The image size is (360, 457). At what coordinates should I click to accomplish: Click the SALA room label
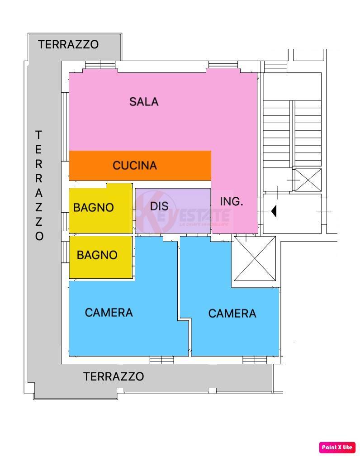(144, 101)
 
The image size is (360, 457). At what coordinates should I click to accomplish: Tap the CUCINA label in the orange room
(135, 166)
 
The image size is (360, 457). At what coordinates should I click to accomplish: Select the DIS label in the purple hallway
(159, 206)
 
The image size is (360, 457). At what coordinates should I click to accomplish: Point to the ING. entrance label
(232, 202)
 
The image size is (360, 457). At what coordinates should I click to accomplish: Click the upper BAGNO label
(94, 208)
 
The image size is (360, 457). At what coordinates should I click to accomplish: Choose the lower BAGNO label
(97, 255)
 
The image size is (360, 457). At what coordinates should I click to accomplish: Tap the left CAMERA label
(109, 312)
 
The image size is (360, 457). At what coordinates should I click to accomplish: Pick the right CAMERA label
(232, 313)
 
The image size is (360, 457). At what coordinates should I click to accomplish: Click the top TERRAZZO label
(68, 44)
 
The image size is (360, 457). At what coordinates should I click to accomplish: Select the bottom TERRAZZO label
(114, 376)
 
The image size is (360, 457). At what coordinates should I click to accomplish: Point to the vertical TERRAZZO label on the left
(39, 186)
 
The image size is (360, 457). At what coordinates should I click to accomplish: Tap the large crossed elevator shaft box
(254, 259)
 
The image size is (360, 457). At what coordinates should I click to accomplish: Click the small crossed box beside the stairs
(308, 180)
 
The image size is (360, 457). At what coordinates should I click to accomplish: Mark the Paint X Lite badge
(337, 447)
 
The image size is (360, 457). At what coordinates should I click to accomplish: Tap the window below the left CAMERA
(162, 360)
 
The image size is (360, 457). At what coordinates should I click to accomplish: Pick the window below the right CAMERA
(255, 360)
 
